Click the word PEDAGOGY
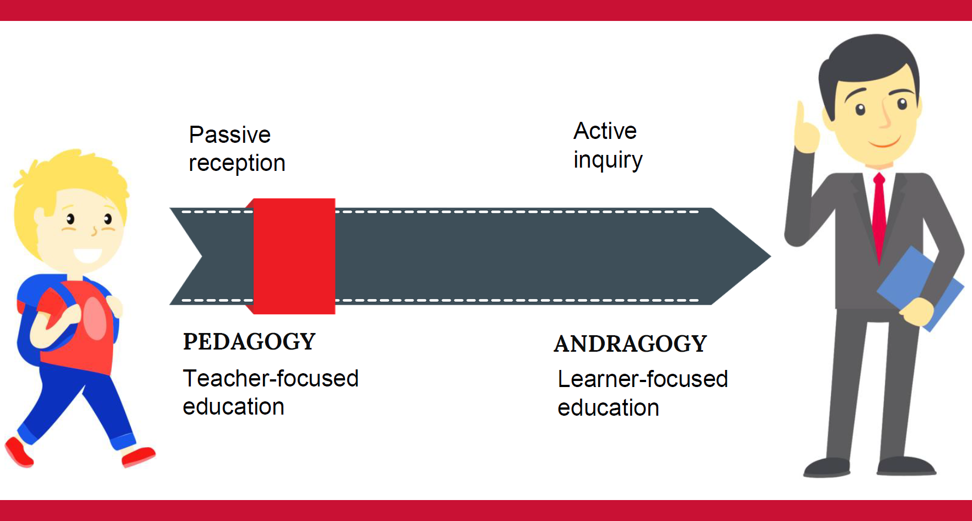click(x=249, y=342)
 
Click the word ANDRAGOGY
click(x=630, y=344)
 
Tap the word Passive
click(x=230, y=135)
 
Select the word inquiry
click(x=608, y=160)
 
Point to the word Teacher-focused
click(x=271, y=379)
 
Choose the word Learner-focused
click(x=643, y=379)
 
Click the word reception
click(x=237, y=164)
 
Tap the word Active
click(x=605, y=131)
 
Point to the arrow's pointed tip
click(x=770, y=256)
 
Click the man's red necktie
click(x=879, y=215)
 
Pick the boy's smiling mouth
click(x=88, y=255)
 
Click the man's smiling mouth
click(x=884, y=143)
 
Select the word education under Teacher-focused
click(x=234, y=407)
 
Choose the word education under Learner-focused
click(x=609, y=408)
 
